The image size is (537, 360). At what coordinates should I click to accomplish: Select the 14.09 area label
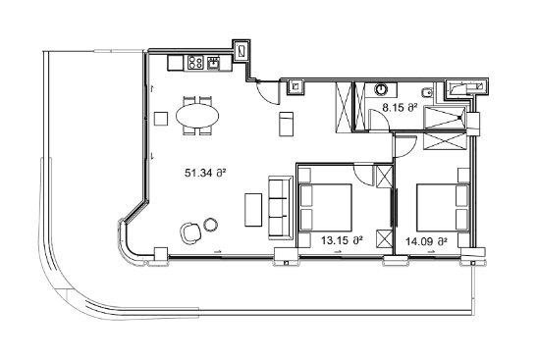click(x=427, y=238)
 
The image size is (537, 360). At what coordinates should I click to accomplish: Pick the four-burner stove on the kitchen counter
click(x=194, y=62)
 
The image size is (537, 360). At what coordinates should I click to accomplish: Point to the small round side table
click(x=210, y=224)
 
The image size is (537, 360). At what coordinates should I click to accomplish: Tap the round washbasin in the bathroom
click(x=382, y=88)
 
